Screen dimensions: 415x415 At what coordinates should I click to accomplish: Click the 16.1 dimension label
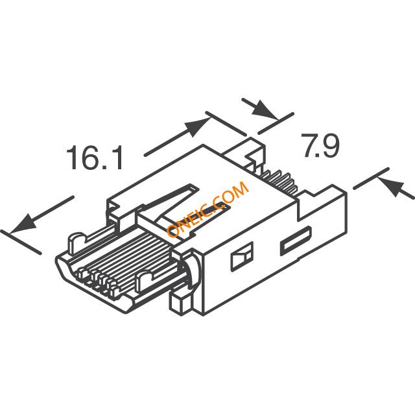94,157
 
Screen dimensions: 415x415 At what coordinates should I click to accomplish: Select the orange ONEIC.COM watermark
207,209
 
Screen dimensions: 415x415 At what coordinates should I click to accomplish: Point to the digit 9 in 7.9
330,145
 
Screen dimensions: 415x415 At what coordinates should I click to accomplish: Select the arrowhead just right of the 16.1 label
198,126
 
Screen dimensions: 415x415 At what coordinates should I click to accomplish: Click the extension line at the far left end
21,243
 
